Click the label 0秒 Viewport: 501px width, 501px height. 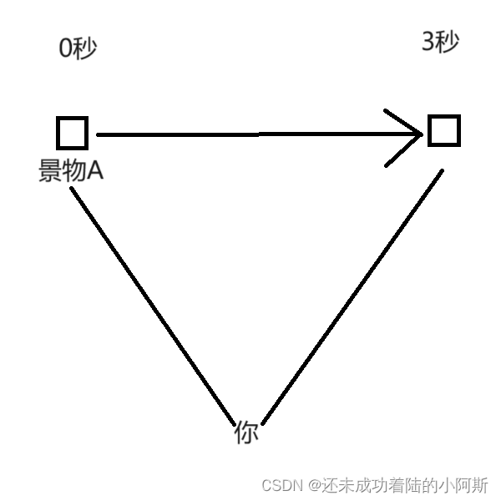tap(78, 48)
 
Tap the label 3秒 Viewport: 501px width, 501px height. tap(440, 43)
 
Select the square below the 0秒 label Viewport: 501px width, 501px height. tap(73, 133)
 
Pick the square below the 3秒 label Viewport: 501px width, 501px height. tap(443, 131)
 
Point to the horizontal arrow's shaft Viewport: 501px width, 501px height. tap(250, 134)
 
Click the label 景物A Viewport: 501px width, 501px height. tap(70, 170)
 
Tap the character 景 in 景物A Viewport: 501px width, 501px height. tap(49, 170)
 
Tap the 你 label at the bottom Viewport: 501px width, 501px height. tap(245, 433)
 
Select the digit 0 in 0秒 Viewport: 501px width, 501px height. tap(65, 48)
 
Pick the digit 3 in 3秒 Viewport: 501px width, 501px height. tap(428, 43)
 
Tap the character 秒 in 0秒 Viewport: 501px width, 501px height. tap(85, 48)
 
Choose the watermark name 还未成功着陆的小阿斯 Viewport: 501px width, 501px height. tap(406, 485)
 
